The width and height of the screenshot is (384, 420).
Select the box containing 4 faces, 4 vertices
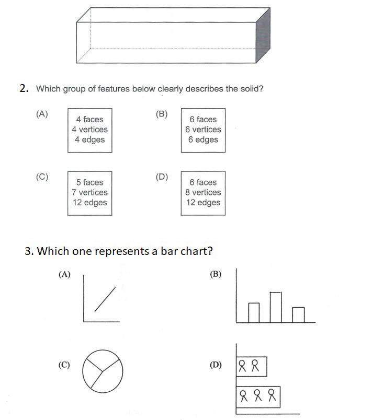(x=89, y=130)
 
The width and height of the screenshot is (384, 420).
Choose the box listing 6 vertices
(x=203, y=130)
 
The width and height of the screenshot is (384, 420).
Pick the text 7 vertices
(x=89, y=192)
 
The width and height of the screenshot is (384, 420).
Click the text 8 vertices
(x=203, y=192)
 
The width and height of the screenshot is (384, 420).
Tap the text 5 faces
(x=89, y=182)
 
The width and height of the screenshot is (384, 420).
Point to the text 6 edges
(x=203, y=139)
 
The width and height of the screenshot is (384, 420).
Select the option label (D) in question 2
(x=162, y=177)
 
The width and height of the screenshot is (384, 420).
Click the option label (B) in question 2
(x=162, y=114)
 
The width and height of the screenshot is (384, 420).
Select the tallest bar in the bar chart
(x=276, y=307)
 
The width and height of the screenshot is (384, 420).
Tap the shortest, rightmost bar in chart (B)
(x=298, y=314)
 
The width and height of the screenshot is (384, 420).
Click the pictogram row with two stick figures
(x=252, y=366)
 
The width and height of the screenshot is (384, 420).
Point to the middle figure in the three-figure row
(x=257, y=396)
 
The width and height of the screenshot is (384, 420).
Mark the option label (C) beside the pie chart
(x=64, y=365)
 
